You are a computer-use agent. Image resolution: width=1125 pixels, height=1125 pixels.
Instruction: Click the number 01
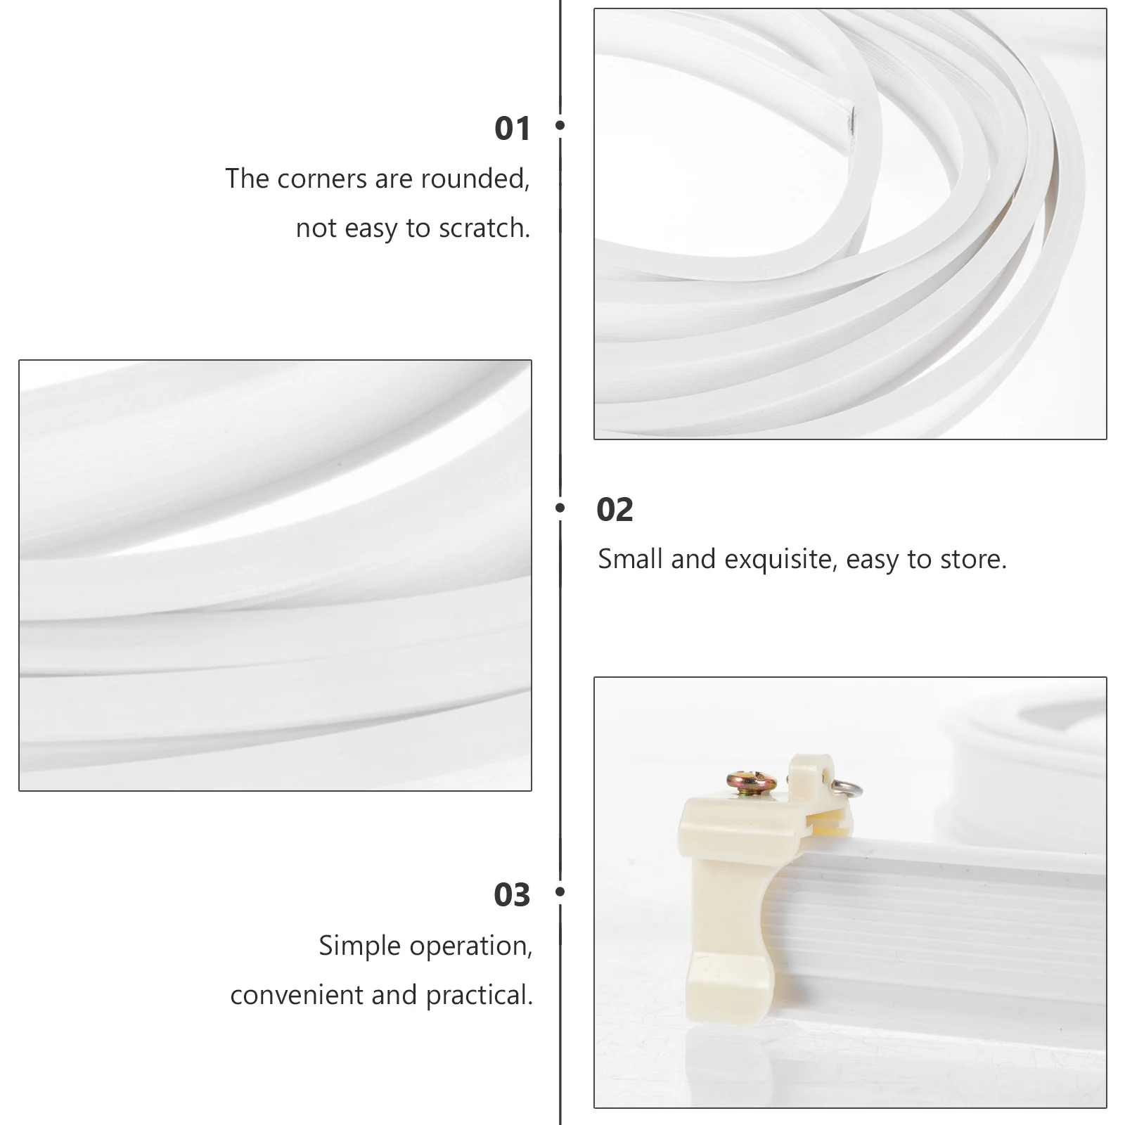(x=512, y=129)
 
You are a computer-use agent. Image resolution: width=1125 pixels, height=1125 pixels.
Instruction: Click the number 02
(x=615, y=510)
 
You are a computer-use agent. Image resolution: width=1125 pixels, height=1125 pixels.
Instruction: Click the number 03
(x=512, y=895)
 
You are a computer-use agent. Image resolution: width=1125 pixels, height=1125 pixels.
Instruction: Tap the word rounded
(x=475, y=179)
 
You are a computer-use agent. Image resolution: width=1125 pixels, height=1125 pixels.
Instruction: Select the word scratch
(x=484, y=228)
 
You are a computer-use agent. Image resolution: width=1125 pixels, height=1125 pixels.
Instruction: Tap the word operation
(x=471, y=946)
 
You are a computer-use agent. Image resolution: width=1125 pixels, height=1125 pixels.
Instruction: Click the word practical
(x=479, y=996)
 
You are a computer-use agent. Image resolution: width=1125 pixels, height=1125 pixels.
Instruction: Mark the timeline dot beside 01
(x=560, y=125)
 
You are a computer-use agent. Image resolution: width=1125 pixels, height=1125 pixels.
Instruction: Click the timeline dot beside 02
(x=560, y=507)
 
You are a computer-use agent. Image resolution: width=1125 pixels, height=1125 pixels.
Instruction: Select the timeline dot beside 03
(x=560, y=892)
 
